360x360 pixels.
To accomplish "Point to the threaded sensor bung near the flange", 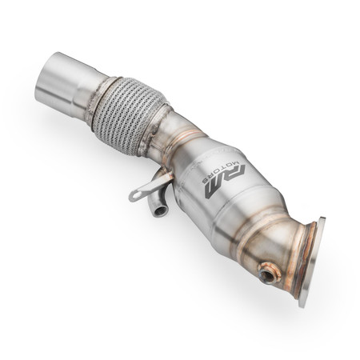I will coord(267,274).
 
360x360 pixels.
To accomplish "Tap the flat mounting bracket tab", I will coord(145,188).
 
